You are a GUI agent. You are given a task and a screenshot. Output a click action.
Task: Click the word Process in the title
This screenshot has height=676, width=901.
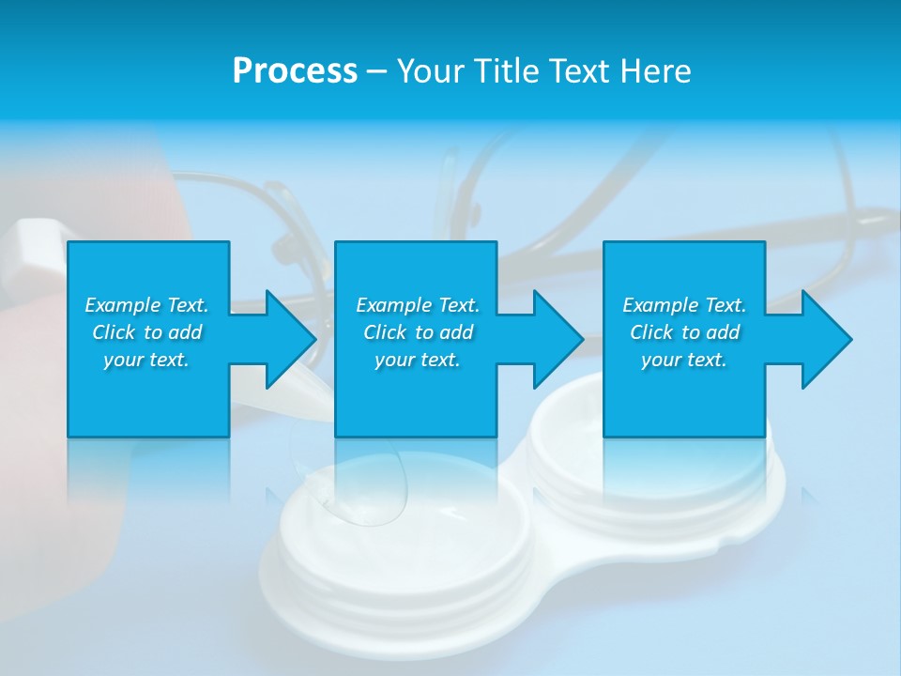click(295, 70)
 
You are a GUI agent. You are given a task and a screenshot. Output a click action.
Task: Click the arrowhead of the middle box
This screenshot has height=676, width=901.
click(557, 339)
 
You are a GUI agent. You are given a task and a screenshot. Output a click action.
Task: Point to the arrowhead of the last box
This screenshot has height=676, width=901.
click(826, 339)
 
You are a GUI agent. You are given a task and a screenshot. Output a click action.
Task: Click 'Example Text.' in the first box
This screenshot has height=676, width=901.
click(146, 305)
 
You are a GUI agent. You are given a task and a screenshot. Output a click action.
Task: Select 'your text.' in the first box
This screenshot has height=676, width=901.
click(146, 360)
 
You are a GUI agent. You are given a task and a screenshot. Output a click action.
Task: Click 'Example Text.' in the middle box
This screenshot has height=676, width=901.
click(418, 305)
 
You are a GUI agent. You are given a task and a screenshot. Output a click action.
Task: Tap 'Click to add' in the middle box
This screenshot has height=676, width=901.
click(418, 332)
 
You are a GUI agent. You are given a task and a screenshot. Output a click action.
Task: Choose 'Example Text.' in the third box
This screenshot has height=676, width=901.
click(684, 305)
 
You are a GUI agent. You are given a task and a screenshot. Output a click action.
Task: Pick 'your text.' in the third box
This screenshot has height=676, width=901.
click(684, 360)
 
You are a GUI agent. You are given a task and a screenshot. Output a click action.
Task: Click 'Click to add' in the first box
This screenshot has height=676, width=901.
click(146, 332)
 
